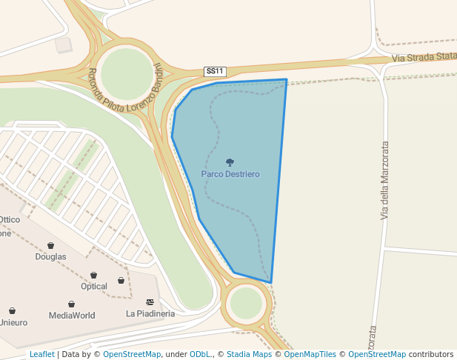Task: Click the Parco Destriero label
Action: pos(230,174)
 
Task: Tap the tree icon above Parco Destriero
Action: pos(230,162)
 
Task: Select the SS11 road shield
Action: pos(215,71)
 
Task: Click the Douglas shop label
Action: pos(50,257)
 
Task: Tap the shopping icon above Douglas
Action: pos(50,245)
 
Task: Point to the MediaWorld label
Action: pos(72,316)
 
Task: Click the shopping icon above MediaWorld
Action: pos(71,304)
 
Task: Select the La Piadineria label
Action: pos(150,314)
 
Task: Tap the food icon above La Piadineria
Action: pos(150,302)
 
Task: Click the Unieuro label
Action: pos(13,323)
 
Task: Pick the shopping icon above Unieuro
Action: pos(13,311)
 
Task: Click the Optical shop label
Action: pos(94,287)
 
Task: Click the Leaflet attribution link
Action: pos(41,355)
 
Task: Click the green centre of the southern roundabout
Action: pos(246,302)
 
